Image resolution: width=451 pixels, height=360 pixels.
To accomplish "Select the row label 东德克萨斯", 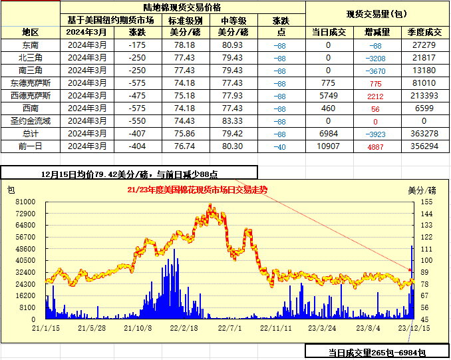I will click(30, 83).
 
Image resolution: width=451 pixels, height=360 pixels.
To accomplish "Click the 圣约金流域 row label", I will click(31, 121).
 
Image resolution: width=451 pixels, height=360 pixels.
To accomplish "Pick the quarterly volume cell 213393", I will click(424, 96).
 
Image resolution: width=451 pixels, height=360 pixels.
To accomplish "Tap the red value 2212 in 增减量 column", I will click(375, 96).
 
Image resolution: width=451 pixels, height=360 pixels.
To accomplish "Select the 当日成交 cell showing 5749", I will click(329, 96).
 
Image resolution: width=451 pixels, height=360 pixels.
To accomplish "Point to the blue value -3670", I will click(375, 71).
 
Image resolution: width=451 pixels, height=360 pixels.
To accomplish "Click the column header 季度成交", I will click(424, 32).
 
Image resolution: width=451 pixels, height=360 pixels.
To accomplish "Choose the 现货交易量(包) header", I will click(377, 14).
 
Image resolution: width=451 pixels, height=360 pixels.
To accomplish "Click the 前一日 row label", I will click(31, 146).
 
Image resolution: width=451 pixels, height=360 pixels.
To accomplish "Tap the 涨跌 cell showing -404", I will click(137, 146).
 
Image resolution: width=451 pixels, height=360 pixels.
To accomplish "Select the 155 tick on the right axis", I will click(426, 201).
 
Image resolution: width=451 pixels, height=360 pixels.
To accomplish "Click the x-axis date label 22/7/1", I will click(228, 327).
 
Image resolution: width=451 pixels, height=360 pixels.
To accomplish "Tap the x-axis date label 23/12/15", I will click(413, 327).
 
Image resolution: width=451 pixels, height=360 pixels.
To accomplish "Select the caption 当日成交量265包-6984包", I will click(376, 352).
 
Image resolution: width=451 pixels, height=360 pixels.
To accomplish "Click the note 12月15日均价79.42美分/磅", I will click(96, 174).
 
